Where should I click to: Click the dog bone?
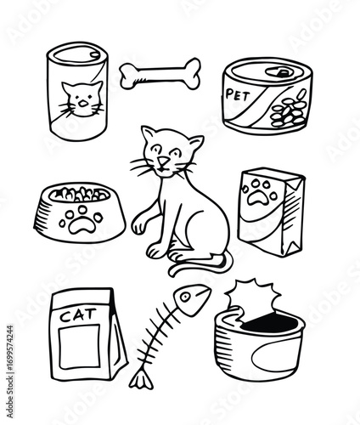point(160,74)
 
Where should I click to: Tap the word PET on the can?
point(238,95)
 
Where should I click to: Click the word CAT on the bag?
point(78,315)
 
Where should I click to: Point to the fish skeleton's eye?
point(185,297)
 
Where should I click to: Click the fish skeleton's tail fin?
point(141,380)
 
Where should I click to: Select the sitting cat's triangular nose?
point(163,161)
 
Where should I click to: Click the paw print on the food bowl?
point(81,220)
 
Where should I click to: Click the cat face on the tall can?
point(82,99)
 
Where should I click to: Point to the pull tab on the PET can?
point(281,72)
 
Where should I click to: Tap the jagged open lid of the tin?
point(253,297)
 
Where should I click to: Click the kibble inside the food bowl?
point(80,194)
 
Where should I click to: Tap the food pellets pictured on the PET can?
point(289,109)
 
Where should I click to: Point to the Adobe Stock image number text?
point(9,371)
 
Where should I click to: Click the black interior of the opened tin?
point(271,322)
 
